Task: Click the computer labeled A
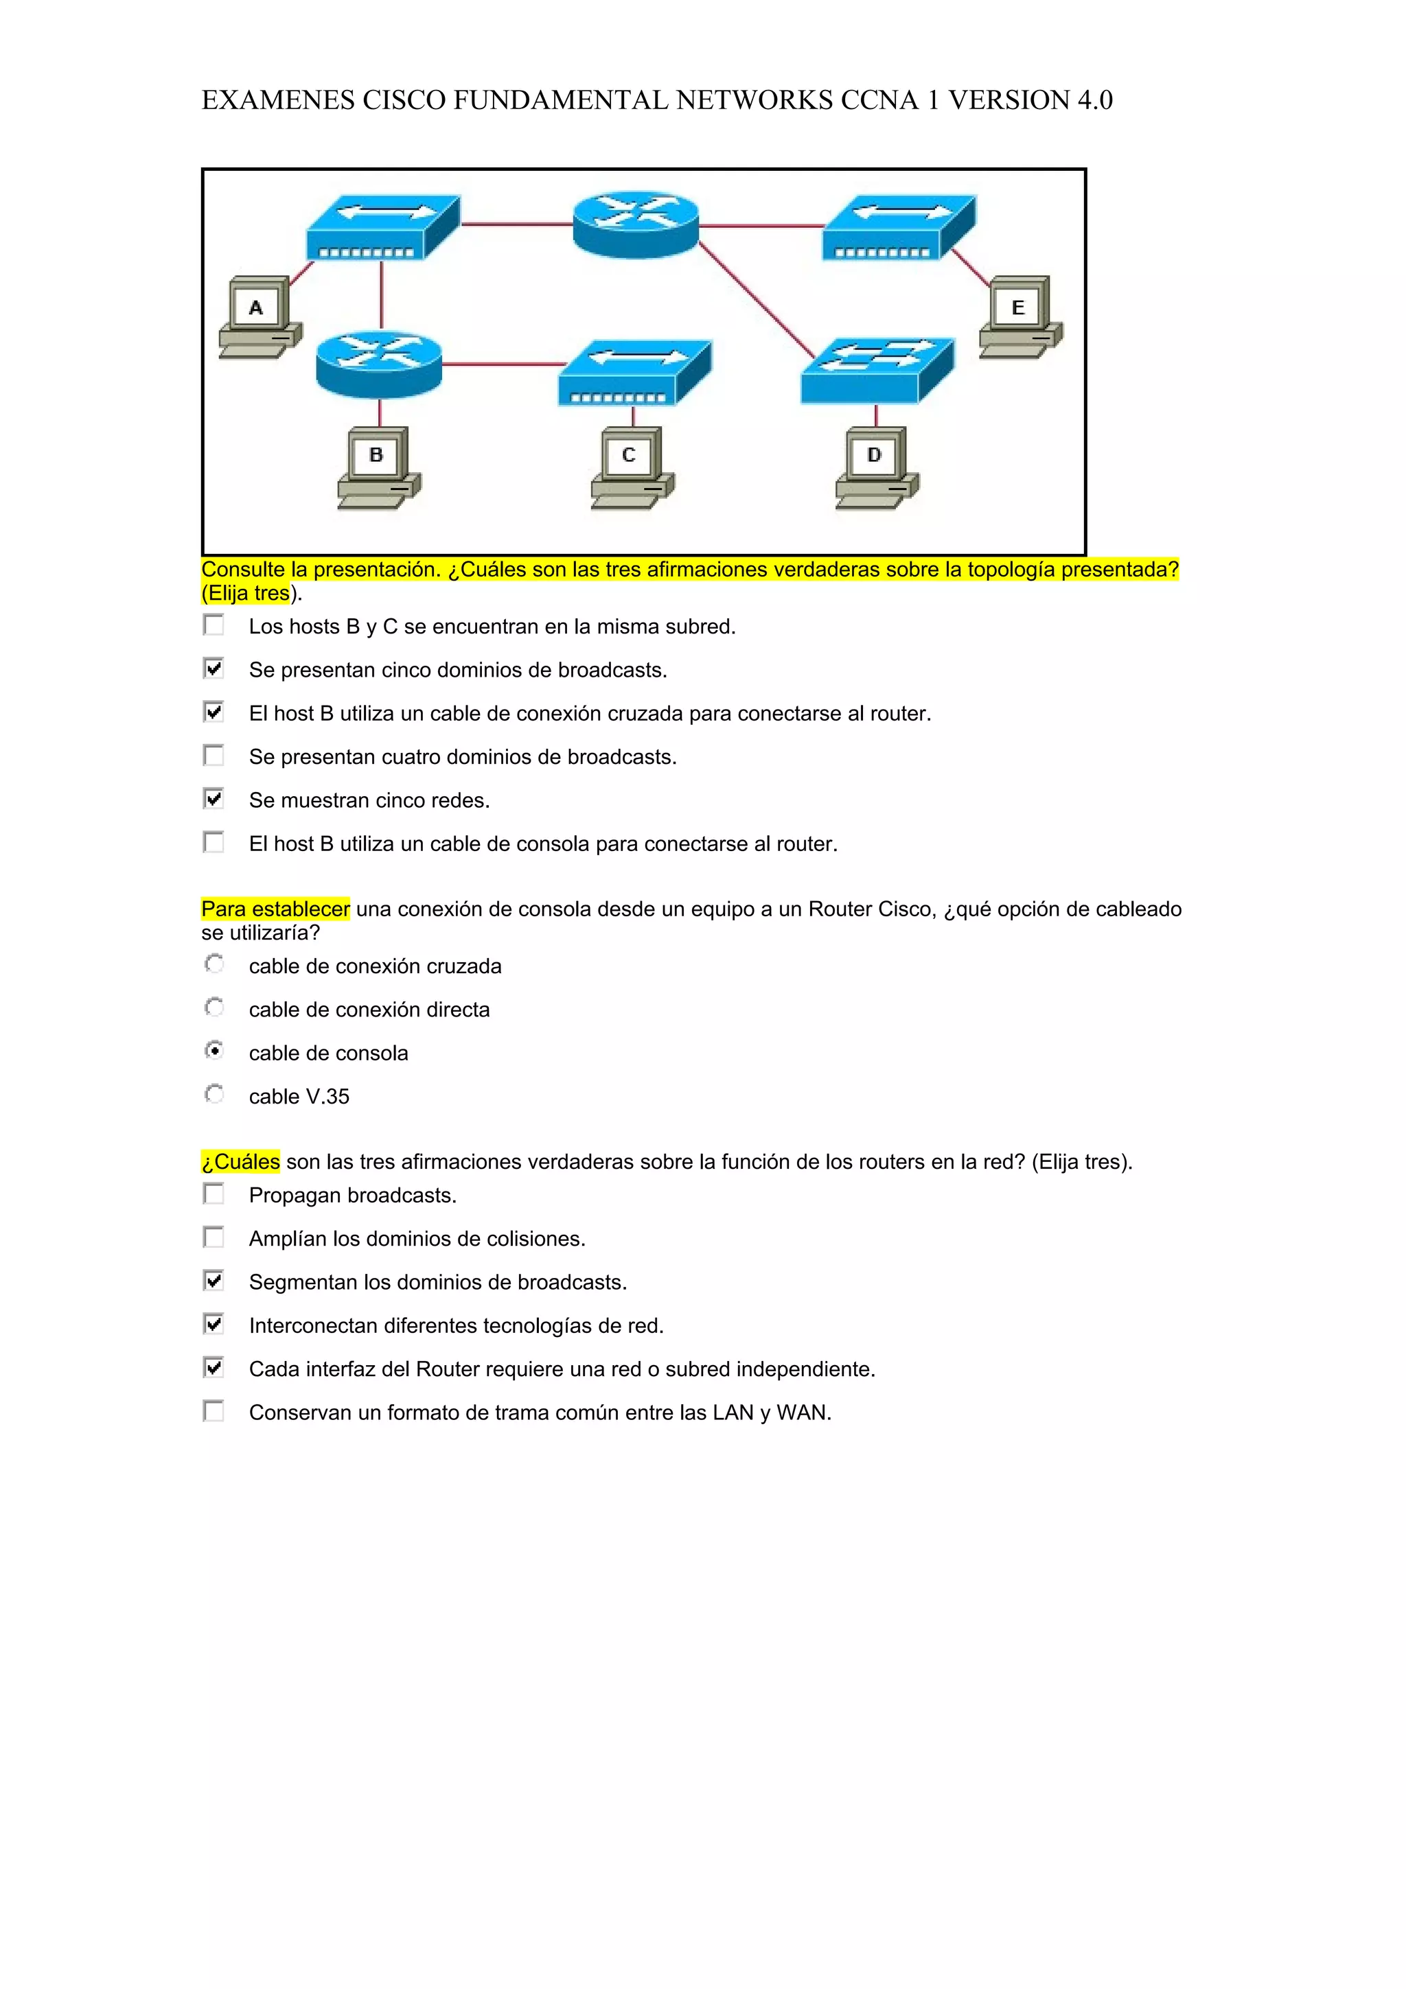[x=259, y=316]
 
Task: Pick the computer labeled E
[x=1020, y=316]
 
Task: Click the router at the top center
[x=635, y=224]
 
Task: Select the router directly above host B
[x=378, y=363]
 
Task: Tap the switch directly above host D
[x=877, y=371]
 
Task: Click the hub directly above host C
[x=634, y=373]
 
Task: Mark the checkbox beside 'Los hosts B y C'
[x=213, y=625]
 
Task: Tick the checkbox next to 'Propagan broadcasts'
[x=213, y=1194]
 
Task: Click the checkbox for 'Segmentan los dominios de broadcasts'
[x=213, y=1281]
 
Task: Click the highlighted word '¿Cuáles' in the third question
[x=241, y=1162]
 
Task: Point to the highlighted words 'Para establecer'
[x=275, y=909]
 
